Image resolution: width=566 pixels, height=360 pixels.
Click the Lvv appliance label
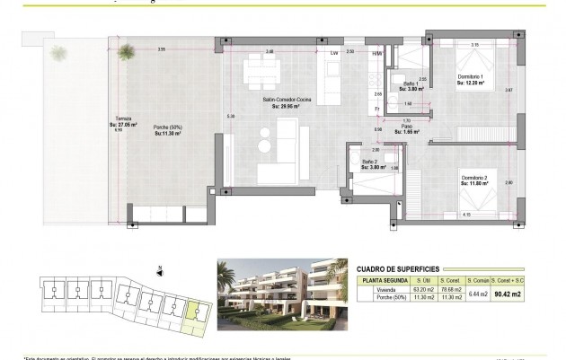[334, 53]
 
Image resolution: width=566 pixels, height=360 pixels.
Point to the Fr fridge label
[377, 109]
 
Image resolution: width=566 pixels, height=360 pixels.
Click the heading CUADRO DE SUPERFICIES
[411, 268]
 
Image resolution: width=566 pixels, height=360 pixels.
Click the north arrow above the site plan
[158, 268]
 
